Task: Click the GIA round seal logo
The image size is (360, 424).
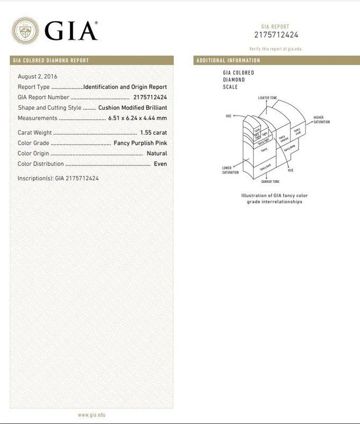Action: click(25, 31)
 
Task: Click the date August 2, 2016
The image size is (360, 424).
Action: click(38, 77)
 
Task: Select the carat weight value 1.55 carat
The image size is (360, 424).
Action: click(154, 132)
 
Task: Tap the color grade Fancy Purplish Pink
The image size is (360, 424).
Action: click(140, 143)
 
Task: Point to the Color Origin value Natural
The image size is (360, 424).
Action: click(157, 154)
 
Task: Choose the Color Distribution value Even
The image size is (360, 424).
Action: click(160, 164)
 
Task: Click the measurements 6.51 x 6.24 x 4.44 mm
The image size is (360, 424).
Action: click(138, 118)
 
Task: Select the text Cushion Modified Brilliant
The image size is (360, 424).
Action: click(133, 108)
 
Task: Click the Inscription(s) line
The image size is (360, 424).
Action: click(58, 179)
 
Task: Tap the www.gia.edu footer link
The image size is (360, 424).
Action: click(92, 415)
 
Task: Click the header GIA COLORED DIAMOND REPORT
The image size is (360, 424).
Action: click(51, 60)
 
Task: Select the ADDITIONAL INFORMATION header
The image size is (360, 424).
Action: click(228, 60)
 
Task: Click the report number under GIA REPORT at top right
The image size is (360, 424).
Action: click(276, 35)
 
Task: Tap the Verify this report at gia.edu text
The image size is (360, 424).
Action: click(276, 49)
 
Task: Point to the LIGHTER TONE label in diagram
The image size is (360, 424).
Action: click(267, 98)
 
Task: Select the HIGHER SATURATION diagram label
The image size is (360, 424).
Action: click(321, 120)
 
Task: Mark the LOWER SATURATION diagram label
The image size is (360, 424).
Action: click(230, 170)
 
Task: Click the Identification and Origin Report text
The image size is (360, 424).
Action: click(125, 87)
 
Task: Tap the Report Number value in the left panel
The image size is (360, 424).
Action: click(150, 98)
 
